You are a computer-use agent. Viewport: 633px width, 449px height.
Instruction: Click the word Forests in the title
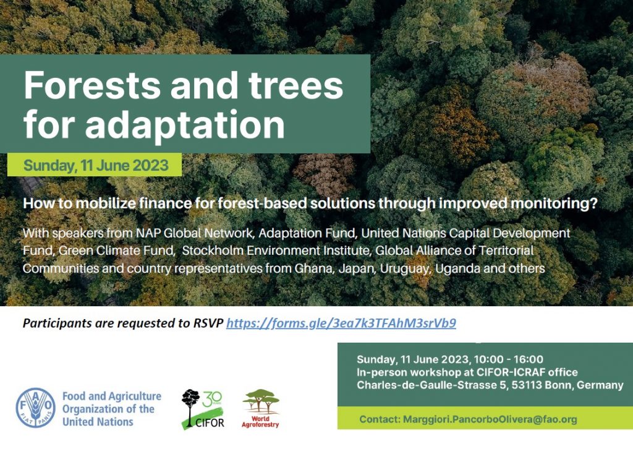pos(93,85)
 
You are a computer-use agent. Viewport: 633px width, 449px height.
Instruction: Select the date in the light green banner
pos(96,165)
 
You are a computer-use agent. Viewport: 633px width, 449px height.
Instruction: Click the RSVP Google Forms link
pos(341,323)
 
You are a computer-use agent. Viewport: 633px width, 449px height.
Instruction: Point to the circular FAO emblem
pos(35,408)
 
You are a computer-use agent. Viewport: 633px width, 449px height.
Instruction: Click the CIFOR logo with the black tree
pos(203,409)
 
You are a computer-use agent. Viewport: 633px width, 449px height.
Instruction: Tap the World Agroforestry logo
pos(260,408)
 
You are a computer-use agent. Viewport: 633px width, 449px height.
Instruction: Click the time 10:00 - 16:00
pos(509,359)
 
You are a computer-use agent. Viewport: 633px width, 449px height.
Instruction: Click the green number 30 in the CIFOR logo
pos(213,399)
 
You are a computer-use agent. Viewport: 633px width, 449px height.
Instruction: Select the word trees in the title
pos(295,85)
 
